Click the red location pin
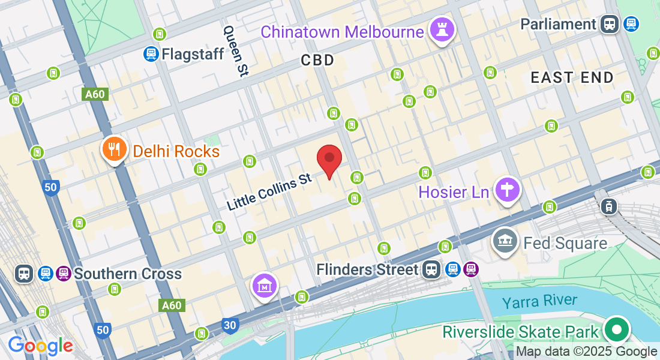point(329,159)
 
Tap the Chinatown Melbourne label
point(342,31)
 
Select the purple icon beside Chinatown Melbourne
point(442,29)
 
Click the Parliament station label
point(558,24)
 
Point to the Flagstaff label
point(193,54)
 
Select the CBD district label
point(317,60)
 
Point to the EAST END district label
point(572,77)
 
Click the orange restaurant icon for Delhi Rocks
point(113,149)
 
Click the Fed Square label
point(565,243)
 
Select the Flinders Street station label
point(367,269)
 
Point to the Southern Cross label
point(127,274)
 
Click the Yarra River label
point(539,301)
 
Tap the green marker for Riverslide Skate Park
point(616,329)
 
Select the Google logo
point(40,346)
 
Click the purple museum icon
point(265,286)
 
